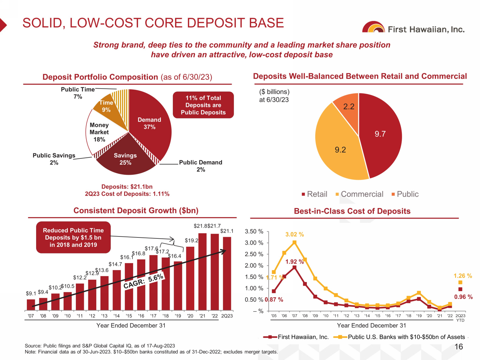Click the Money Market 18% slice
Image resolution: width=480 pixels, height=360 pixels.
tap(99, 132)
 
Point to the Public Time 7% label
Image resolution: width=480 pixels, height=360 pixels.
tap(78, 93)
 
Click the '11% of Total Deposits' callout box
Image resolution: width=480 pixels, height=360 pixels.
tap(203, 105)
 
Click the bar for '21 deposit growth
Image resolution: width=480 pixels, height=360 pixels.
tap(203, 272)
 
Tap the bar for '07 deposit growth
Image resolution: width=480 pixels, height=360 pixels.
tap(31, 305)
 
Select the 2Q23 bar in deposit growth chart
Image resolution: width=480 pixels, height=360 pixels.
tap(227, 274)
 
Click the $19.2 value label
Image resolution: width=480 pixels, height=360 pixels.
tap(191, 240)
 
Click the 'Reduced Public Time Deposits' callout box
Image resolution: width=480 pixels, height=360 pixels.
tap(73, 237)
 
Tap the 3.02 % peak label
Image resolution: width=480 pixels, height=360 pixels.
tap(294, 235)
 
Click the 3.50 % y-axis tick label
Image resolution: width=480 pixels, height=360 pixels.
tap(254, 231)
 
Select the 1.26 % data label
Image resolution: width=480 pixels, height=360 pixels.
tap(463, 276)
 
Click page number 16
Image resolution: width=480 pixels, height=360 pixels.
tap(459, 347)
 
